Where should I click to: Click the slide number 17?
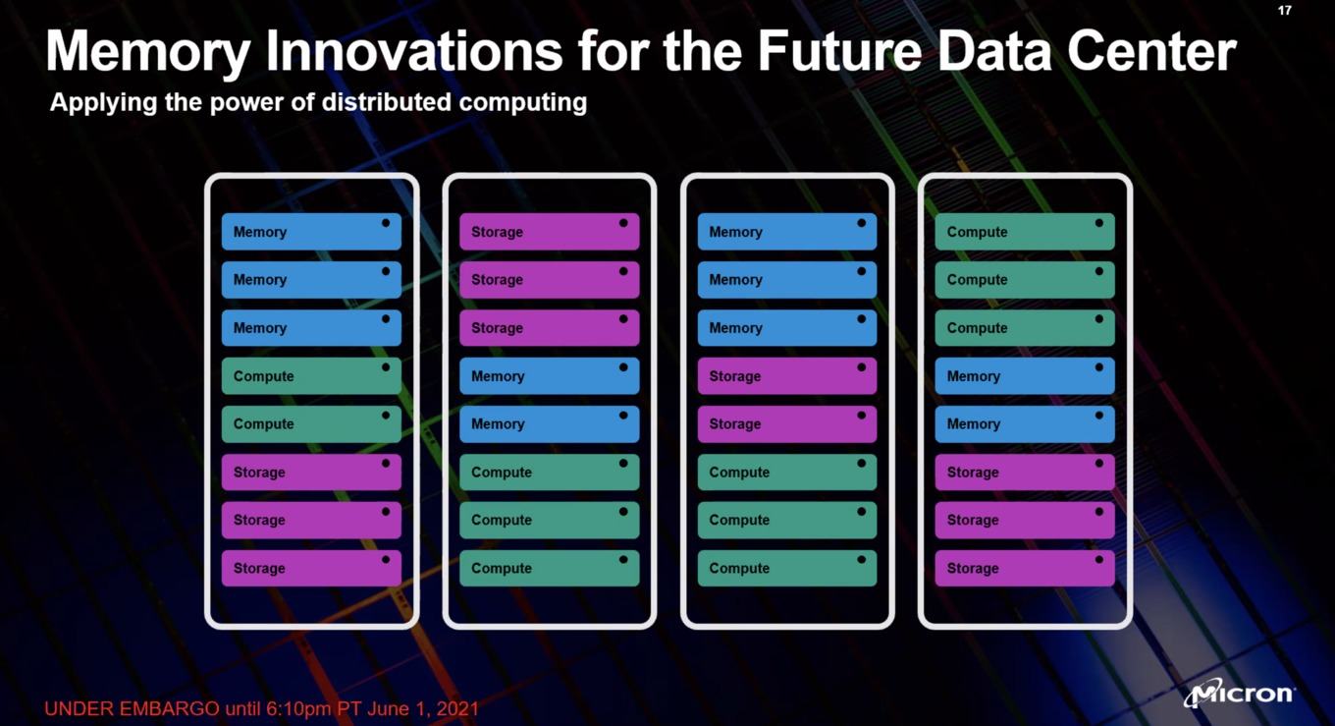click(x=1284, y=10)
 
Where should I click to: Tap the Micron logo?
click(x=1239, y=694)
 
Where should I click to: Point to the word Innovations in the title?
click(x=413, y=51)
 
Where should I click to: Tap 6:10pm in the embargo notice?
click(x=298, y=709)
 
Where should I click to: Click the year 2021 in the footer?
click(x=457, y=708)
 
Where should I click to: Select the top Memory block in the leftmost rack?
click(x=311, y=232)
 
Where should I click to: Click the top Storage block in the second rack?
click(x=549, y=232)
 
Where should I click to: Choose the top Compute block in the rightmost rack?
click(x=1025, y=232)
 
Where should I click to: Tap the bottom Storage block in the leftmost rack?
click(x=311, y=568)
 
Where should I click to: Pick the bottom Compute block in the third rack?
click(x=786, y=568)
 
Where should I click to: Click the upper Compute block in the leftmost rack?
click(x=311, y=376)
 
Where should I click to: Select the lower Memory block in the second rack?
click(x=549, y=424)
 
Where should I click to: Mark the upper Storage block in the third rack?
click(x=786, y=376)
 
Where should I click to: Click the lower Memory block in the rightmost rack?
click(x=1025, y=424)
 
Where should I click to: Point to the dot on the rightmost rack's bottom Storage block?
click(x=1099, y=560)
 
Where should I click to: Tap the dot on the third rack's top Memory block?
click(x=861, y=223)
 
